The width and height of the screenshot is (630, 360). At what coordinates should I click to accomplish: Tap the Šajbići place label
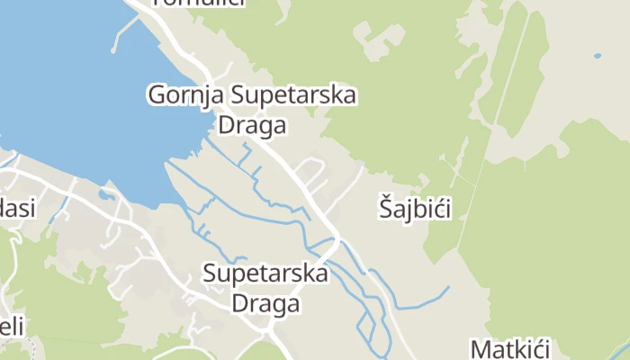tap(414, 209)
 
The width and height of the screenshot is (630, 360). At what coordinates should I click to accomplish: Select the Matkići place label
tap(509, 348)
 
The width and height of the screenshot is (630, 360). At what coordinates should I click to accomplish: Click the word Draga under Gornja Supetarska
tap(252, 125)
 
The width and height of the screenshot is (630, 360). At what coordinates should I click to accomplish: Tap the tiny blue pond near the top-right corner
tap(598, 56)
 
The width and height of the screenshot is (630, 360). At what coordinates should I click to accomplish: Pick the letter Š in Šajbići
tap(385, 209)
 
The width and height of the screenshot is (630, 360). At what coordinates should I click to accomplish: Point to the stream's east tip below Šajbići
tap(447, 288)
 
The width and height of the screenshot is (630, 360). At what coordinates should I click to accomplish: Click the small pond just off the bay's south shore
tap(106, 193)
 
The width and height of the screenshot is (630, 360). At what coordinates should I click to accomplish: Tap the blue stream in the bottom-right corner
tap(621, 349)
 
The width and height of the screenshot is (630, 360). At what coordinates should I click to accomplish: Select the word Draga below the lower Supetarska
tap(265, 303)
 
